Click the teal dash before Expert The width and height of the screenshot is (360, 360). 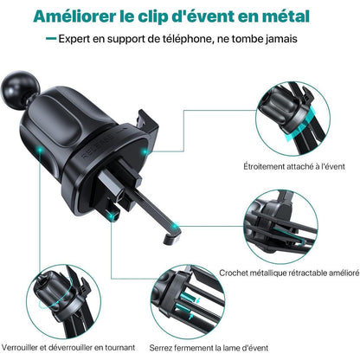(52, 41)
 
